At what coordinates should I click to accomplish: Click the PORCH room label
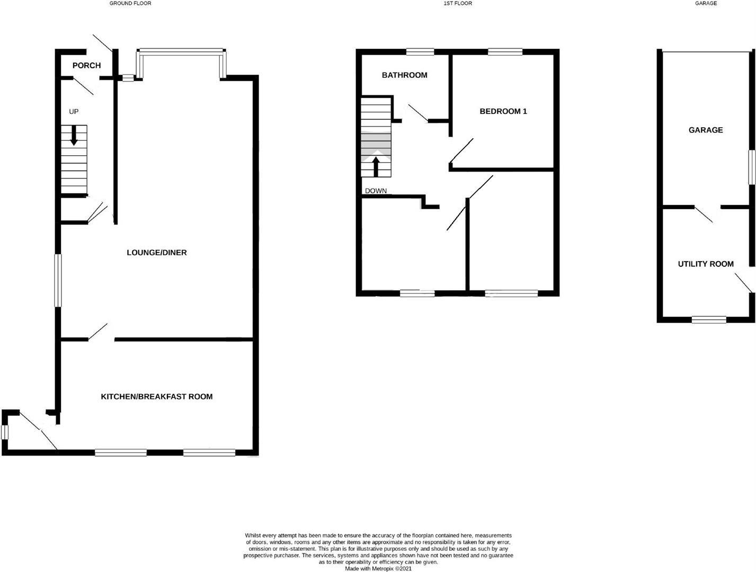(x=86, y=66)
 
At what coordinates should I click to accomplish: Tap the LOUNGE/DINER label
(x=156, y=253)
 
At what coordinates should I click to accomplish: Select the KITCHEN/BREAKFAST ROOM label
(x=156, y=397)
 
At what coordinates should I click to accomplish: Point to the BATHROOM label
(x=404, y=75)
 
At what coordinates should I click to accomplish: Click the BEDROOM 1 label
(x=503, y=111)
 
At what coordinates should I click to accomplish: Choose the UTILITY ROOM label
(x=706, y=264)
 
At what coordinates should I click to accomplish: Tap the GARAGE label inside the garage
(x=705, y=130)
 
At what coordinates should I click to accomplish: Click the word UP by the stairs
(x=74, y=112)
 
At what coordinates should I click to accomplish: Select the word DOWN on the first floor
(x=376, y=191)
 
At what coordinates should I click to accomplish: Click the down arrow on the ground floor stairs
(x=74, y=135)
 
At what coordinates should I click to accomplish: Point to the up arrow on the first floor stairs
(x=376, y=165)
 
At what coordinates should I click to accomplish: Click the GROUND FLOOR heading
(x=130, y=3)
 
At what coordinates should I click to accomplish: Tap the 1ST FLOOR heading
(x=458, y=3)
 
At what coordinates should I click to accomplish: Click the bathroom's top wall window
(x=420, y=51)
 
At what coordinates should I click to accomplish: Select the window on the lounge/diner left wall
(x=58, y=280)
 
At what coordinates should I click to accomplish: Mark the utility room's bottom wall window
(x=709, y=319)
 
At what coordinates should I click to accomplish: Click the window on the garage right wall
(x=751, y=167)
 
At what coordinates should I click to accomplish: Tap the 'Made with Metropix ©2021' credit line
(x=378, y=569)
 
